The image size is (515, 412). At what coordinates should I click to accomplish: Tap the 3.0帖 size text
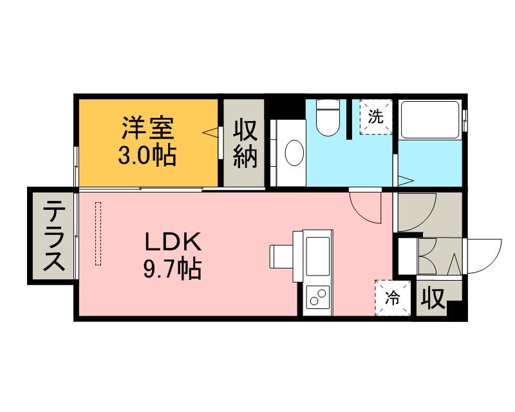click(x=148, y=156)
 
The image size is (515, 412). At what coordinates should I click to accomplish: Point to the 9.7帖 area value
click(x=172, y=268)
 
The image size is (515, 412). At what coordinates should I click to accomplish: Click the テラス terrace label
click(x=51, y=236)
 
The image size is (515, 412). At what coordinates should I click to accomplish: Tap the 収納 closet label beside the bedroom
click(x=244, y=143)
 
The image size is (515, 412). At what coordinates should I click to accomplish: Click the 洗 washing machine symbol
click(x=375, y=117)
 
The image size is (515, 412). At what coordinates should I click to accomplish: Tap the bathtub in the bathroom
click(x=428, y=119)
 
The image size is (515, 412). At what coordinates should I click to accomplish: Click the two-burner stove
click(x=317, y=298)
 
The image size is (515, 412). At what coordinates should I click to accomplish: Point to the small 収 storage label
click(x=434, y=298)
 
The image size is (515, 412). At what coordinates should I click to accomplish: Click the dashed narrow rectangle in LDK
click(x=98, y=233)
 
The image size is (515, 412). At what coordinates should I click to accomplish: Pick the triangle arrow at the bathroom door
click(x=404, y=180)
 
